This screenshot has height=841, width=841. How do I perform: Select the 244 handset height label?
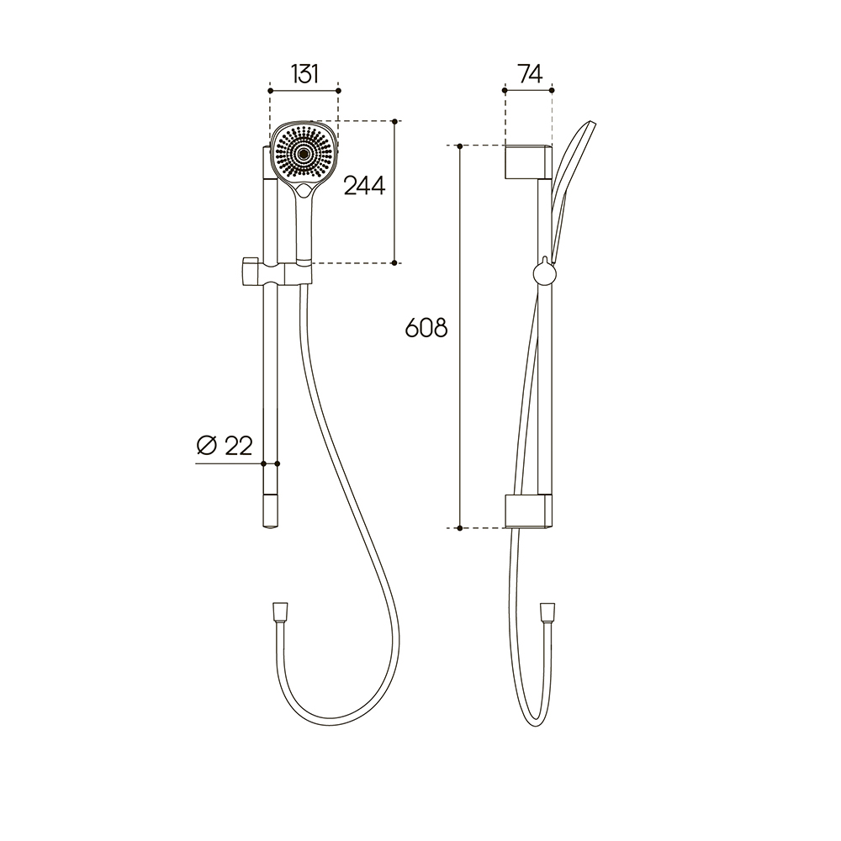coord(364,186)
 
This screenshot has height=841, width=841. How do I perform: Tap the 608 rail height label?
coord(426,328)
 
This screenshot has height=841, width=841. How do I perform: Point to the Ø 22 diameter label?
coord(225,445)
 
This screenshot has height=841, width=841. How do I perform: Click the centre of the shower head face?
coord(304,153)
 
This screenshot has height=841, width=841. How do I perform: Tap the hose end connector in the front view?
coord(280,612)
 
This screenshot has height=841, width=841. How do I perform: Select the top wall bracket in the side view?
coord(528,161)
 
